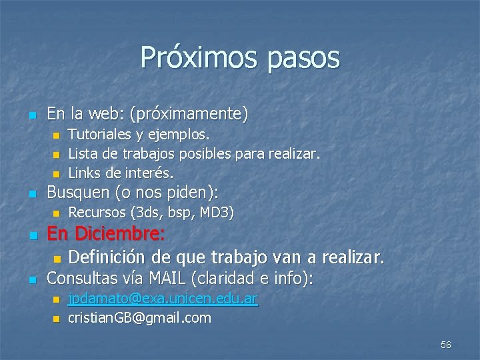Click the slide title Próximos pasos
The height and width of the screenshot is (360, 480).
(x=240, y=58)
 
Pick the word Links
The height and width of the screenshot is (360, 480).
(x=84, y=173)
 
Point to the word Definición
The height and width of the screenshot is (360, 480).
(x=107, y=256)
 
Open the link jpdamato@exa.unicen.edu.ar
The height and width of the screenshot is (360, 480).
(x=163, y=299)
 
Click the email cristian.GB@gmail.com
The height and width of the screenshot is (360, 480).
(x=139, y=317)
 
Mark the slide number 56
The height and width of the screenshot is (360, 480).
(x=446, y=345)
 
